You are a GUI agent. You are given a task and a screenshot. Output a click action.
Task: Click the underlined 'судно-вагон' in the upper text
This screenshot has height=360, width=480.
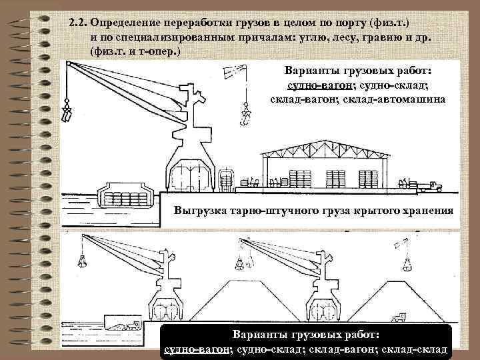(x=315, y=85)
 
